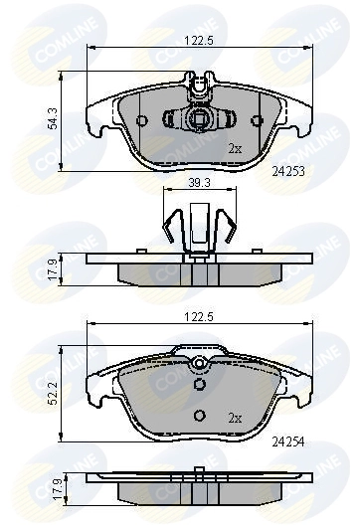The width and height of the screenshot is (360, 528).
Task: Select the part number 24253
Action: pyautogui.click(x=288, y=171)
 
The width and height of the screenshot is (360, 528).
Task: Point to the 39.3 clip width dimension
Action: pyautogui.click(x=200, y=182)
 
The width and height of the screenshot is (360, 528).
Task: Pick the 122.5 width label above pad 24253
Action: pyautogui.click(x=199, y=41)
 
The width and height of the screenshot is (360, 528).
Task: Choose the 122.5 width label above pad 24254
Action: pyautogui.click(x=199, y=315)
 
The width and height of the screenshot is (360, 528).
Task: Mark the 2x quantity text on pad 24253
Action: pyautogui.click(x=235, y=148)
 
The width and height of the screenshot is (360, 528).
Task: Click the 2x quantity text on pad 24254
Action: pyautogui.click(x=235, y=417)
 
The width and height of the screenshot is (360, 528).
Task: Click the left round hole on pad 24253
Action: pyautogui.click(x=141, y=121)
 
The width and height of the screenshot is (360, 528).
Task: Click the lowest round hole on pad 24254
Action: pyautogui.click(x=199, y=416)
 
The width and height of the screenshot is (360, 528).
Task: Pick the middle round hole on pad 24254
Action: pyautogui.click(x=199, y=385)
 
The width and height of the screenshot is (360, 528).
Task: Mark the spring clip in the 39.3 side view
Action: pyautogui.click(x=199, y=224)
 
